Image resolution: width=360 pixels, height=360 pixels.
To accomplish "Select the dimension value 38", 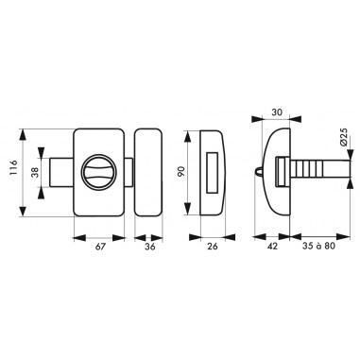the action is click(x=35, y=172).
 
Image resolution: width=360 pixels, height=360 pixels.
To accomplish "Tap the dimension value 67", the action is click(x=100, y=247).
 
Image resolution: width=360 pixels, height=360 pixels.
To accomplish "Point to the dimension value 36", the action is click(x=150, y=247).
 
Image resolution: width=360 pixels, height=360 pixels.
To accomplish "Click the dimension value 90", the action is click(x=180, y=172).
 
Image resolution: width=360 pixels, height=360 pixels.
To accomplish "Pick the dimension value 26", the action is click(x=213, y=247).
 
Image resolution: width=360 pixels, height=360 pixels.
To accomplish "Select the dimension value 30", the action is click(x=276, y=111).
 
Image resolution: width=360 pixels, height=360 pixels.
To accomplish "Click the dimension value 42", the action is click(x=272, y=247).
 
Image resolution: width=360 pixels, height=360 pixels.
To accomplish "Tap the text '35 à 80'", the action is click(x=318, y=246).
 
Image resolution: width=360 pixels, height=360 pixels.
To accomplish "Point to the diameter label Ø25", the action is click(x=343, y=137).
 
